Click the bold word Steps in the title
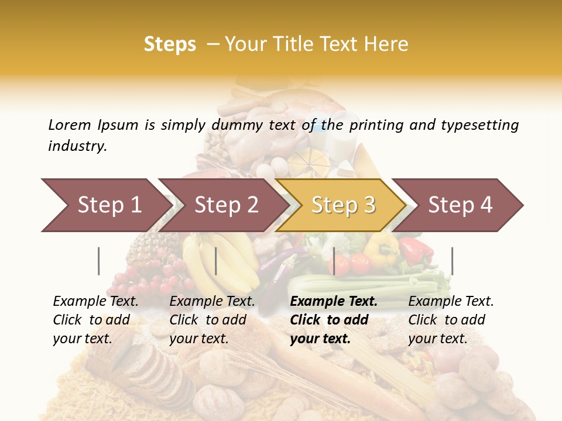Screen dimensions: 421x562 [x=170, y=44]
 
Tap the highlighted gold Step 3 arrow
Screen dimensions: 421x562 [x=343, y=205]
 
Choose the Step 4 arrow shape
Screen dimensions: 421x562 [x=460, y=205]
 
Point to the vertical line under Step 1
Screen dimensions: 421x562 [x=99, y=261]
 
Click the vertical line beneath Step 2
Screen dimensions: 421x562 [x=216, y=261]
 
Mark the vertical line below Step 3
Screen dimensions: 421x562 [x=334, y=261]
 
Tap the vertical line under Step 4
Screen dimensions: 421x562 [x=452, y=261]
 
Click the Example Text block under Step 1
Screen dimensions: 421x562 [x=95, y=320]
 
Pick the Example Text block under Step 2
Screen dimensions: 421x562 [x=212, y=320]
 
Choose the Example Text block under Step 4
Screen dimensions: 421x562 [x=451, y=320]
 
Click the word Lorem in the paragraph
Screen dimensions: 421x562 [x=70, y=125]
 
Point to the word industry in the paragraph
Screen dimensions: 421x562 [x=77, y=146]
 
